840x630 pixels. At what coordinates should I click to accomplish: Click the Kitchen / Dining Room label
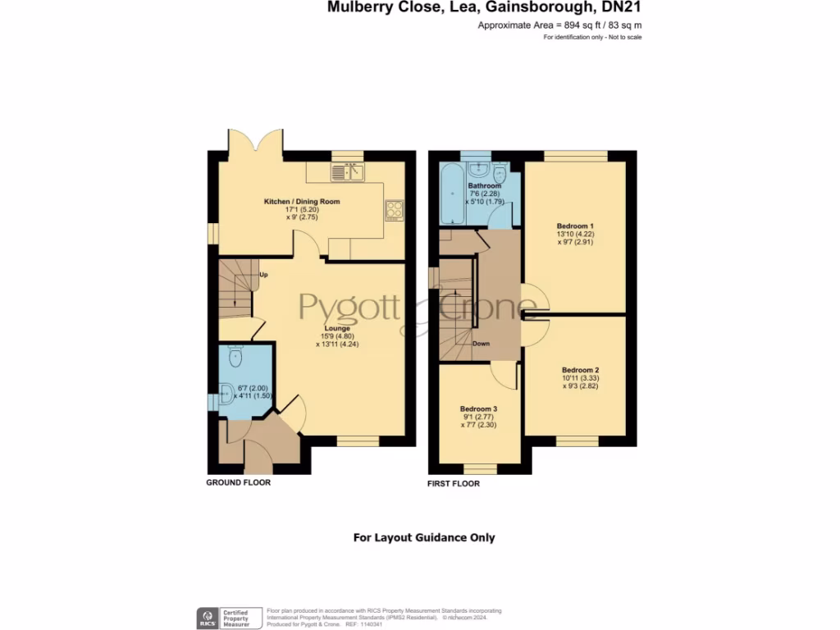(301, 201)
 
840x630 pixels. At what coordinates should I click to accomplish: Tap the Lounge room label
(337, 328)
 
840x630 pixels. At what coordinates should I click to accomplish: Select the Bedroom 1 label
(575, 226)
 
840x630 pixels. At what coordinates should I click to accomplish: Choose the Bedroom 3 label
(478, 409)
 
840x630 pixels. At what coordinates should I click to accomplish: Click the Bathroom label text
(485, 186)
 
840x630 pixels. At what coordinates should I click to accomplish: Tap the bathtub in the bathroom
(452, 194)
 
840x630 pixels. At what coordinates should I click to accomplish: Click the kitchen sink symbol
(349, 171)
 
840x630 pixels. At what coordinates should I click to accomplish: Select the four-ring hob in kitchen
(395, 209)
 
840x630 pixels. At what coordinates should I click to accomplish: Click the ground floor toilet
(235, 355)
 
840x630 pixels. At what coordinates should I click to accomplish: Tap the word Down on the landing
(482, 344)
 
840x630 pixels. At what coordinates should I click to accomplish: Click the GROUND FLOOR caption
(238, 483)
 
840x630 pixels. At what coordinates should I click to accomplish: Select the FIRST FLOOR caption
(454, 484)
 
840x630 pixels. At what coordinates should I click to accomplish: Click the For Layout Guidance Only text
(424, 538)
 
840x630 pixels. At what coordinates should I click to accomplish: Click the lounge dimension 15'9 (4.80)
(337, 336)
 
